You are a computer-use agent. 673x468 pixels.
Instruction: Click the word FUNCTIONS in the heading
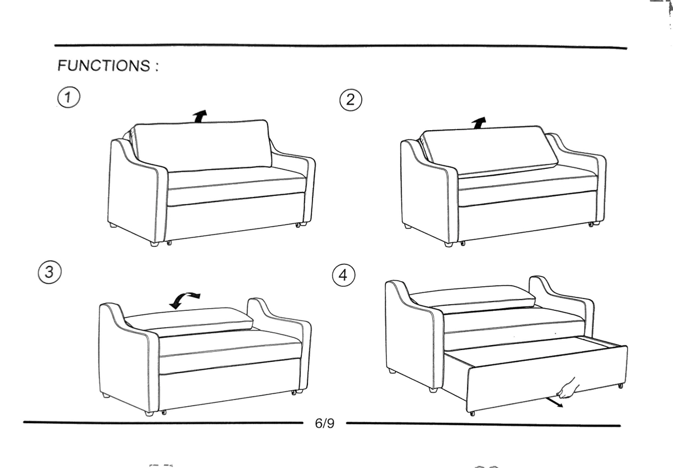[x=104, y=66]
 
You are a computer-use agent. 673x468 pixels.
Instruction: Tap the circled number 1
[x=69, y=97]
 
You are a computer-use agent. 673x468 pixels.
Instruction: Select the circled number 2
[x=351, y=100]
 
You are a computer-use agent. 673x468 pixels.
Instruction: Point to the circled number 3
[x=49, y=272]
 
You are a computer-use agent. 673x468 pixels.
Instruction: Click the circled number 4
[x=343, y=275]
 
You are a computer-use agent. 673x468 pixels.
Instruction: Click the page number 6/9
[x=325, y=423]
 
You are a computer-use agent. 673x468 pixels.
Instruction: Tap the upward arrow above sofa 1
[x=200, y=116]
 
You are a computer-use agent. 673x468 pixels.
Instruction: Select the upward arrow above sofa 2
[x=478, y=123]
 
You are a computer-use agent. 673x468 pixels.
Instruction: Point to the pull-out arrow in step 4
[x=554, y=402]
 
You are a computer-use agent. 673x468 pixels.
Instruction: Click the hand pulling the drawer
[x=568, y=388]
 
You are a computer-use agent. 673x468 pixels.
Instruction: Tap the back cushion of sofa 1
[x=202, y=146]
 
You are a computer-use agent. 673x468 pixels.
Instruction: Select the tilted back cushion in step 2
[x=489, y=150]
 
